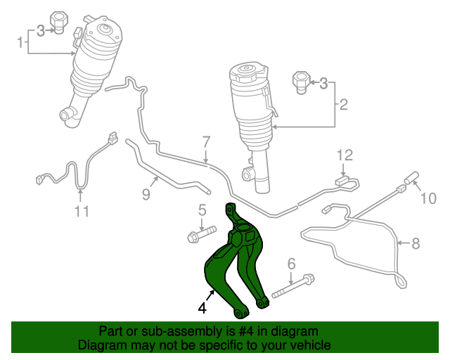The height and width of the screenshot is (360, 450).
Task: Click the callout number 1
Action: [20, 44]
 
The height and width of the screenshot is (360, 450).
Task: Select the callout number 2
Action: [344, 106]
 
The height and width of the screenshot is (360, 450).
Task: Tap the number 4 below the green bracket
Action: [202, 307]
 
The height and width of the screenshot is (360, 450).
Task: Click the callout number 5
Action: [202, 209]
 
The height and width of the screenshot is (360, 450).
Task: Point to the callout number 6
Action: [290, 264]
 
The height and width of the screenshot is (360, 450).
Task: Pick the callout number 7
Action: [206, 141]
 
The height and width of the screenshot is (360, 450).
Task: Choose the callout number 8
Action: [415, 244]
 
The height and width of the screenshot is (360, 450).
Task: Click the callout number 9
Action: [146, 194]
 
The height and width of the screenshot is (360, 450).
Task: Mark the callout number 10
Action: [427, 199]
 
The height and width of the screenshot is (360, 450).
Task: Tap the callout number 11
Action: [82, 212]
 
